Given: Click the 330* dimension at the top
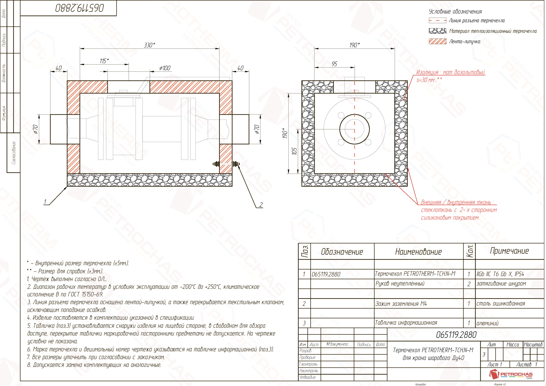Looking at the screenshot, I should coord(149,45).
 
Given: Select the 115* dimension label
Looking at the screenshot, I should coord(104,61).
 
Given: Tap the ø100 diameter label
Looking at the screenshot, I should coord(165,68).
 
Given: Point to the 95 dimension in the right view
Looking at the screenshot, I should coord(334,64).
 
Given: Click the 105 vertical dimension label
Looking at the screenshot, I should coord(294,151).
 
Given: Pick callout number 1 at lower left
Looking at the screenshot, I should coord(45,202).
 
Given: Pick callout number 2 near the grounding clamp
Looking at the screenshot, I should coord(261,204).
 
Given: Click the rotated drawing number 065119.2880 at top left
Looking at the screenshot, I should coord(79,8).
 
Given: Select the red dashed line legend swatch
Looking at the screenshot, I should coord(437,20).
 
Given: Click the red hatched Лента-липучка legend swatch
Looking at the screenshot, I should coord(437,41).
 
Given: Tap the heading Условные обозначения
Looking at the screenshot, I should coord(455,11).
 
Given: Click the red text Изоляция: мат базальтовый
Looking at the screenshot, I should coord(450,72).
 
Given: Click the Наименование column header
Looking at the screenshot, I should coord(418,251).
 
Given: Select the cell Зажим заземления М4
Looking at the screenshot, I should coord(401,304).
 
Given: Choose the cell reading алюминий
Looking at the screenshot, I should coord(487,323).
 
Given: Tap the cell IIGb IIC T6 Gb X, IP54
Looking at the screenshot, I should coord(500,274).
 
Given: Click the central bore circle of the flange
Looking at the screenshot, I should coord(354,129).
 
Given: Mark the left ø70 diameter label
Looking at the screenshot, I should coord(35,129).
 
